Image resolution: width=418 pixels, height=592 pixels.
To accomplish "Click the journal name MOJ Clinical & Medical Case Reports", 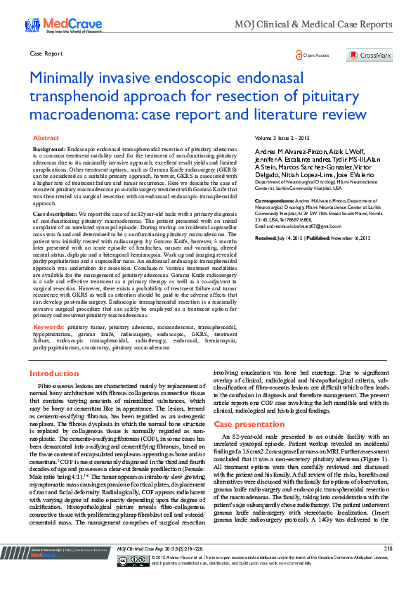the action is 332,24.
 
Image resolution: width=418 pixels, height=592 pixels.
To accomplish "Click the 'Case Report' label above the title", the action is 46,53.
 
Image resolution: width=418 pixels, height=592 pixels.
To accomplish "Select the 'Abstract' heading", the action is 46,139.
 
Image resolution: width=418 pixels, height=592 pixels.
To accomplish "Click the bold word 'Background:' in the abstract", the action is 50,150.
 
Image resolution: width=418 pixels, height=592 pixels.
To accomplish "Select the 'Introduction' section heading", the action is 54,373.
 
